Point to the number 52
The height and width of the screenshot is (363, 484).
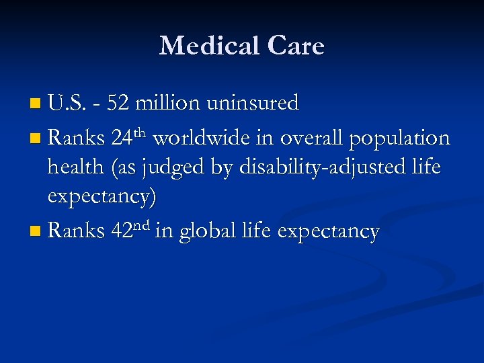point(120,103)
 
